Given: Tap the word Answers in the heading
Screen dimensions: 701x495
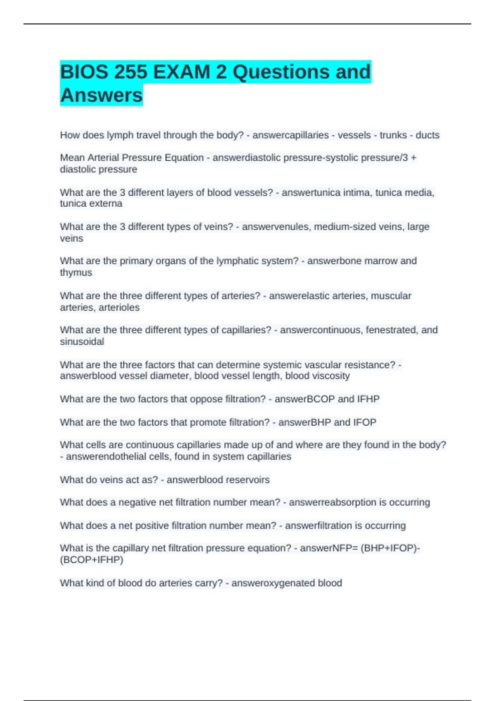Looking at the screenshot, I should pos(101,95).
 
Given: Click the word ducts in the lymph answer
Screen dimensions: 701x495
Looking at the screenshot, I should pos(427,135).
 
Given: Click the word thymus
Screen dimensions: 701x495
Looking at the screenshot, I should pos(76,273).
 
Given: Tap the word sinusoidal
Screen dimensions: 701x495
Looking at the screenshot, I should pos(82,342).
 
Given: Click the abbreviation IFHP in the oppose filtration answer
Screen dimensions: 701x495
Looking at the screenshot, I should pos(368,399).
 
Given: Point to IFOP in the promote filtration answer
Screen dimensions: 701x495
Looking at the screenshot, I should pos(365,423).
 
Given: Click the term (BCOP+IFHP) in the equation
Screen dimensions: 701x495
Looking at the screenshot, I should pos(92,560).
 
